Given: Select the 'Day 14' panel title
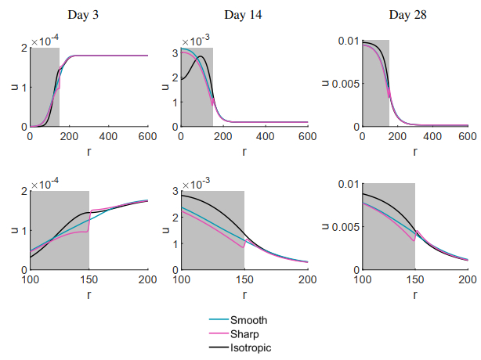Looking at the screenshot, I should [244, 15].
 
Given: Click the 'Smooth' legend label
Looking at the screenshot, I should [250, 319].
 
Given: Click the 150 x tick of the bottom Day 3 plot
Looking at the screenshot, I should [89, 279].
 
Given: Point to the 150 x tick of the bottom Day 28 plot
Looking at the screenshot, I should [414, 279].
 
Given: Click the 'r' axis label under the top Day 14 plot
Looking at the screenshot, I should [244, 150].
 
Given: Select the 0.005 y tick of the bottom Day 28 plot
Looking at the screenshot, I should [343, 227].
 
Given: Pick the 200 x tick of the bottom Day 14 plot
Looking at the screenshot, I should [307, 279].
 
